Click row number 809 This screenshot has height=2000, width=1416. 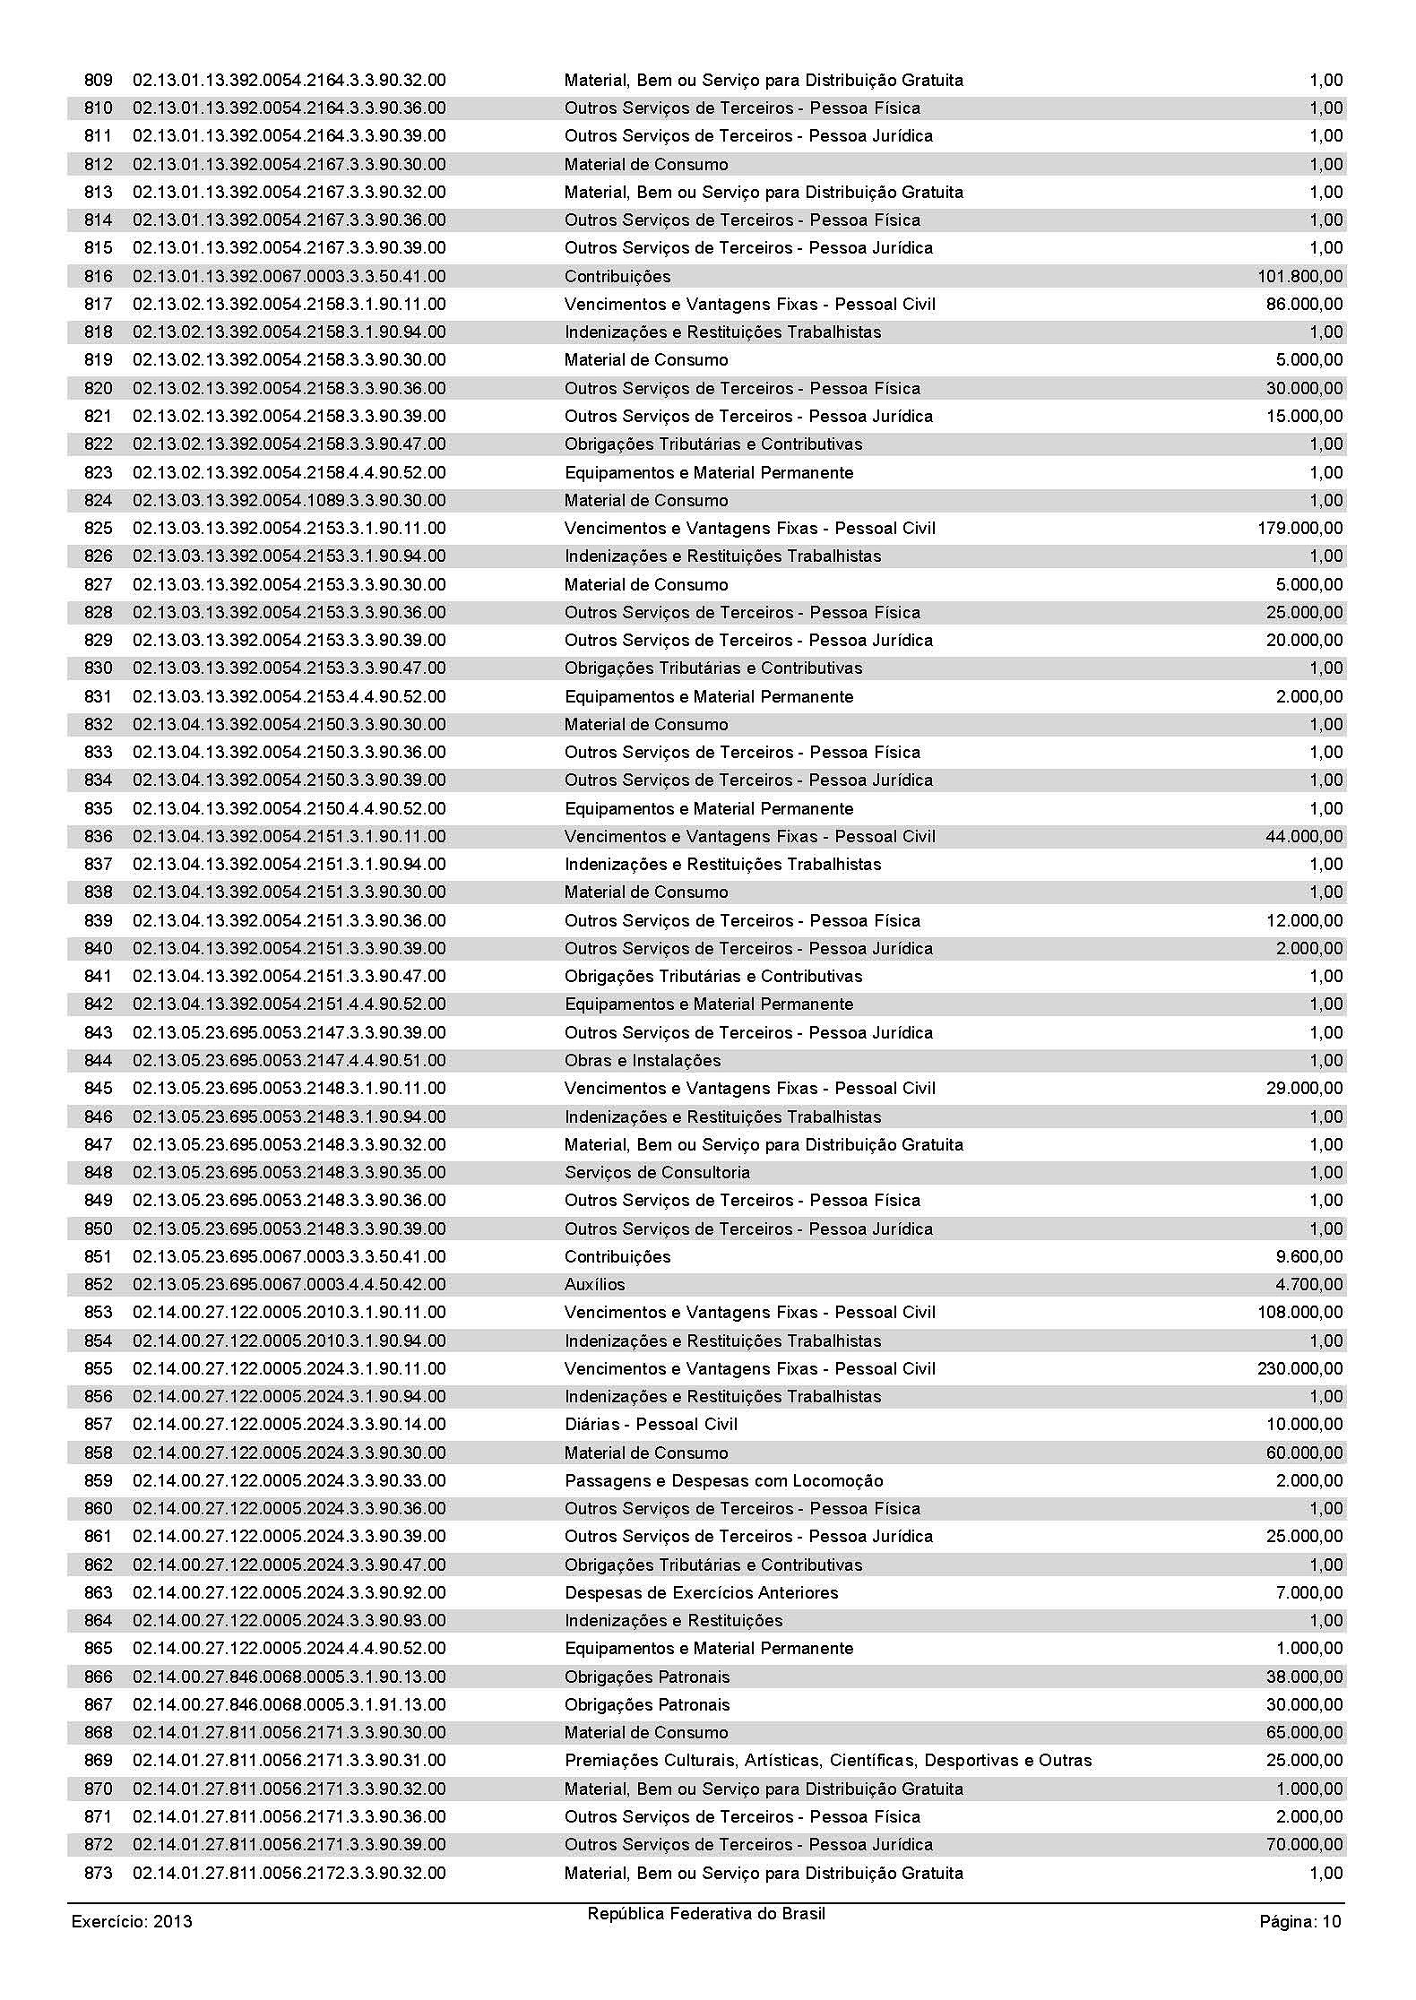[99, 81]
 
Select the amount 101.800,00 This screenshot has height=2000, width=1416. [1299, 277]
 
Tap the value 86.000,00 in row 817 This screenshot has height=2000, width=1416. [1304, 305]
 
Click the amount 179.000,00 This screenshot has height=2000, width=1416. [1299, 529]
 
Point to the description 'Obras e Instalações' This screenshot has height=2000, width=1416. [643, 1061]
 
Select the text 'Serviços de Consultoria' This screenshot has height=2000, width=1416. [657, 1173]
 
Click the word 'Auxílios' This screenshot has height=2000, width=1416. [595, 1285]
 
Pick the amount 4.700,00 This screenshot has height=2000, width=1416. [1309, 1285]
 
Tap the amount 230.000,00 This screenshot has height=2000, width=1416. [1299, 1369]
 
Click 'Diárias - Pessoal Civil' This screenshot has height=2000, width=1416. [651, 1425]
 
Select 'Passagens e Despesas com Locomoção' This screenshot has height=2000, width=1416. [723, 1481]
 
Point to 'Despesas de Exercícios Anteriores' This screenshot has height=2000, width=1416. [701, 1593]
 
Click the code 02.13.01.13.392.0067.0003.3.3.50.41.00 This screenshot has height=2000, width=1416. [289, 277]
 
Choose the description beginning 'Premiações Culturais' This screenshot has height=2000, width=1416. [828, 1761]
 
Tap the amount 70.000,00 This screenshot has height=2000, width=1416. [1304, 1845]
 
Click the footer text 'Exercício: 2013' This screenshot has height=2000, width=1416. [132, 1921]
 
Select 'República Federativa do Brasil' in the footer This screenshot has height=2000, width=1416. [706, 1914]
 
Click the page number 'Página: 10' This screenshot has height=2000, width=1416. [1300, 1921]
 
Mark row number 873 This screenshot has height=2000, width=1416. [99, 1874]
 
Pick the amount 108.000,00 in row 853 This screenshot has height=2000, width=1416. [1299, 1313]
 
